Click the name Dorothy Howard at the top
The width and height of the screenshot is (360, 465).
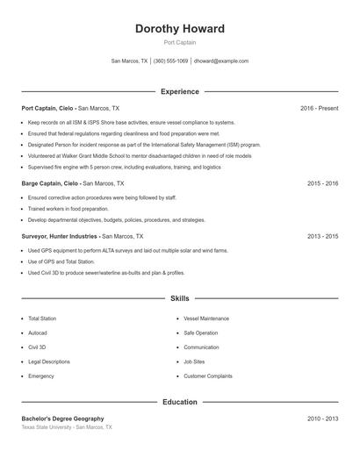179,28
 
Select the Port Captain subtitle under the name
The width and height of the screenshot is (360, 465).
179,42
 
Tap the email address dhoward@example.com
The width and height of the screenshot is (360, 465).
220,61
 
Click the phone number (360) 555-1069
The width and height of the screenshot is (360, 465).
170,61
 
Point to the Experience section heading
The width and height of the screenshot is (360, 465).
179,91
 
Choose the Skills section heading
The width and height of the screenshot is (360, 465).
179,299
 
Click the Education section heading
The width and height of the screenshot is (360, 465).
179,403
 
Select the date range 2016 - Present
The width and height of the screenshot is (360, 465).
319,108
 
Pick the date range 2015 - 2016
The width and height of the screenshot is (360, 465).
322,184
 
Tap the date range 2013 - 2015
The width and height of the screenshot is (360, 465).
322,236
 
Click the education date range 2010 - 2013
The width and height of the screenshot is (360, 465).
322,419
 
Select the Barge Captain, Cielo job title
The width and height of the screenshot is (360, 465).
50,184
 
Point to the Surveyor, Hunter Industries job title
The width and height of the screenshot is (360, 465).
61,236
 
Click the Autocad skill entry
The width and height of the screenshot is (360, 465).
37,333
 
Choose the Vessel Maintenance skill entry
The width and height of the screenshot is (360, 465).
206,318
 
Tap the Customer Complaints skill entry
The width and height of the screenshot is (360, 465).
208,376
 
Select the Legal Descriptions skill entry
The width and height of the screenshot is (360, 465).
49,361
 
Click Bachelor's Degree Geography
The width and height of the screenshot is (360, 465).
63,419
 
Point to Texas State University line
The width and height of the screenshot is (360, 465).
67,427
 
